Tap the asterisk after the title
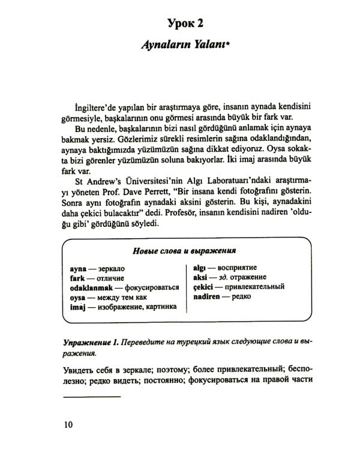click(229, 49)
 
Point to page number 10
click(68, 425)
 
